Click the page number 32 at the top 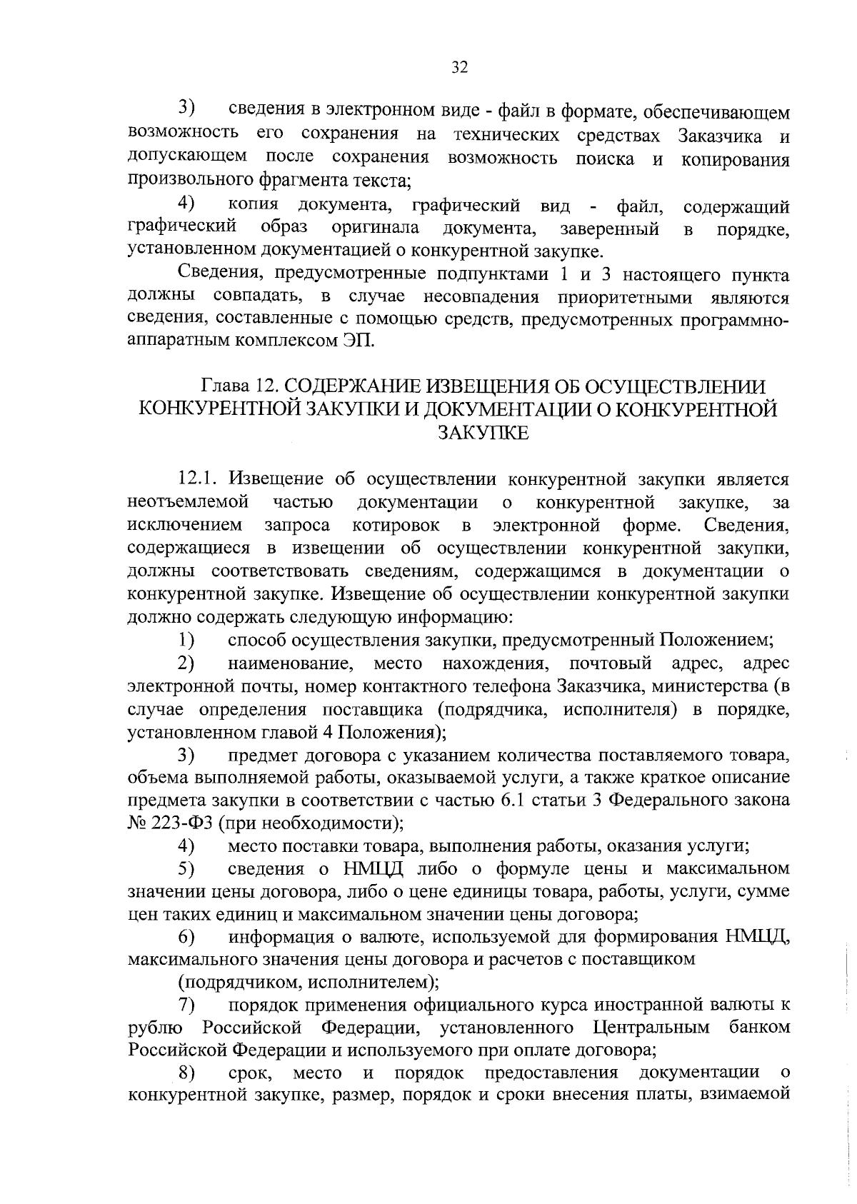pos(460,69)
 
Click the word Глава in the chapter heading pos(226,386)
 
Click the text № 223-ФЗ pos(169,823)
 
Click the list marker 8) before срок pos(187,1073)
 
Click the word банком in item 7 pos(760,1028)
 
